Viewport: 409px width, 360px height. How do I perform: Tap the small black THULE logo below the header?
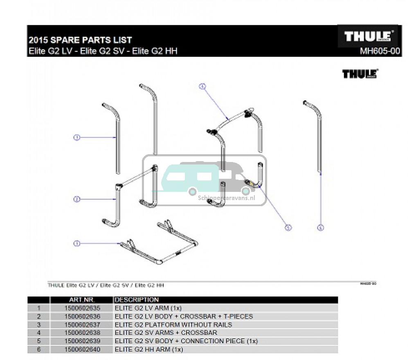(x=360, y=74)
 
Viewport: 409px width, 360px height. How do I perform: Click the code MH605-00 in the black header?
(x=379, y=52)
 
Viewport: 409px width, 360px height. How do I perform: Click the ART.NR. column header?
(x=82, y=300)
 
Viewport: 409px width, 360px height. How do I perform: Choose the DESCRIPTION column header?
(x=137, y=300)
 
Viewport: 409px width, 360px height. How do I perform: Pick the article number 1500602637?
(x=82, y=325)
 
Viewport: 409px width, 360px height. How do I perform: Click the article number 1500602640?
(x=82, y=349)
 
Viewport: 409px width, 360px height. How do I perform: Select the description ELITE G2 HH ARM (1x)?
(x=149, y=349)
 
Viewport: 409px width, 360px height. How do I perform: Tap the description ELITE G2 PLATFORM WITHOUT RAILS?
(x=173, y=325)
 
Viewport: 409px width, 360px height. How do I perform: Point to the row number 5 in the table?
(x=39, y=341)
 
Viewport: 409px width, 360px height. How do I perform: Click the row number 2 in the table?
(x=39, y=317)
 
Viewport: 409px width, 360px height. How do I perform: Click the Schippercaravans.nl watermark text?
(x=227, y=198)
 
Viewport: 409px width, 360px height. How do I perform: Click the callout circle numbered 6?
(x=321, y=228)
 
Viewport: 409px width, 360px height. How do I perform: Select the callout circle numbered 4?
(x=202, y=86)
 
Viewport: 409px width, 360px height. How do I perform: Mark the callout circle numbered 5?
(x=288, y=228)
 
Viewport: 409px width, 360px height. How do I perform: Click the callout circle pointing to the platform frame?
(x=76, y=243)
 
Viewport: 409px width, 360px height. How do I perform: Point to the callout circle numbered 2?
(x=76, y=199)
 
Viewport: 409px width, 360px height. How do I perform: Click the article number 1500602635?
(x=82, y=308)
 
